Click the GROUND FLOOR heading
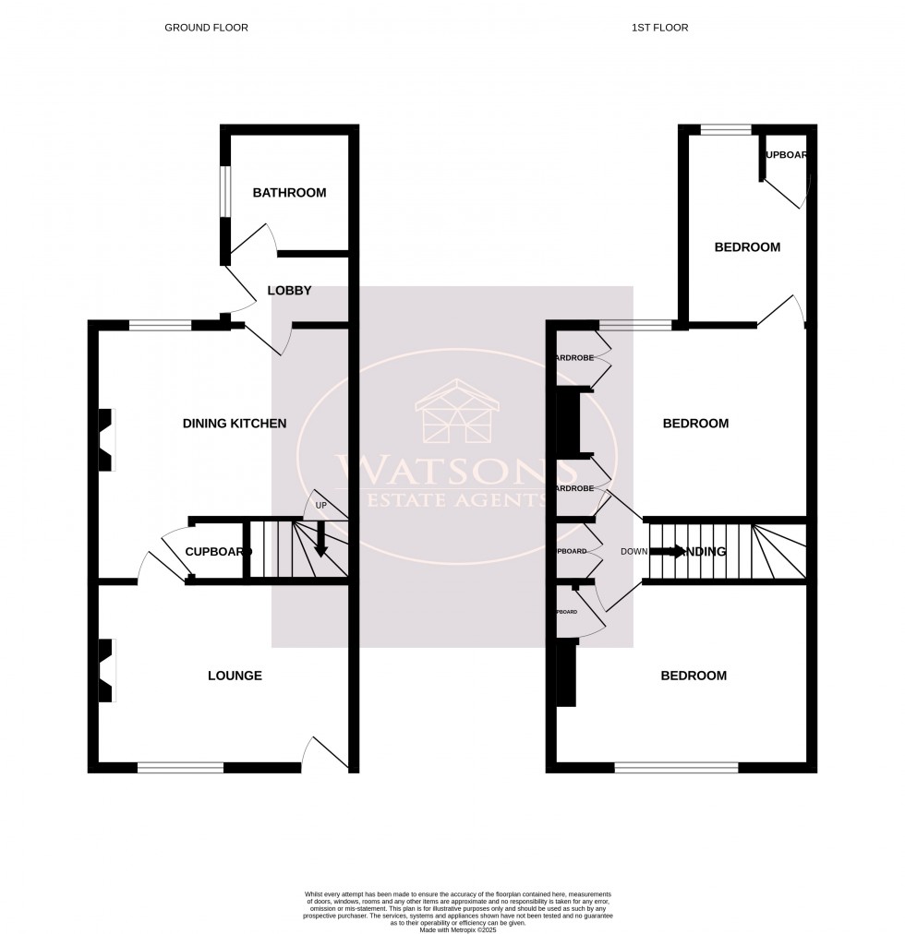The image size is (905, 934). point(206,28)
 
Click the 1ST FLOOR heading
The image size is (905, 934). point(659,28)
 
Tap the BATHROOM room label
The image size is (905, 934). point(289,193)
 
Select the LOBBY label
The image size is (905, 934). point(289,291)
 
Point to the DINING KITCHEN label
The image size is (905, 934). point(235,424)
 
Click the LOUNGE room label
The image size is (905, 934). point(235,676)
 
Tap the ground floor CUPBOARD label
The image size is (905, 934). point(218,552)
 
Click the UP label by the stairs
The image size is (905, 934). point(321,506)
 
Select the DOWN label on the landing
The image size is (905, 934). point(633,552)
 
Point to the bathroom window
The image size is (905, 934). point(223,192)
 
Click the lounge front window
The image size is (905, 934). point(180,767)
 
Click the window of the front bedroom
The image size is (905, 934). point(676,767)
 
